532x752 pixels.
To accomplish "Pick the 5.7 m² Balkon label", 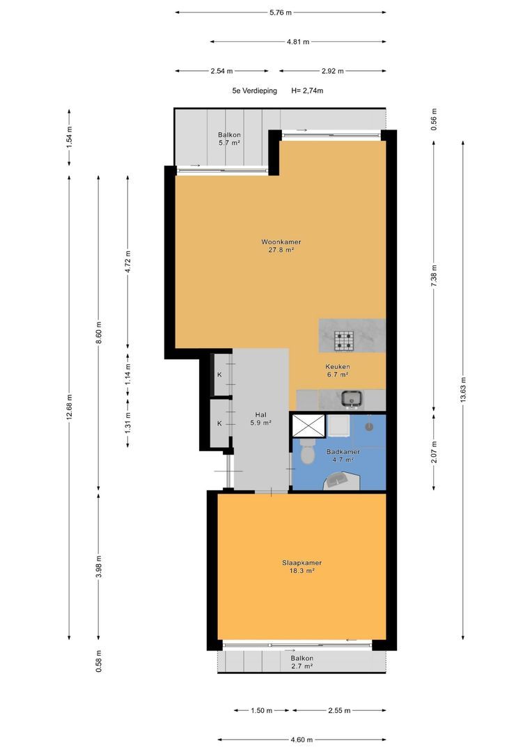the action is [229, 139].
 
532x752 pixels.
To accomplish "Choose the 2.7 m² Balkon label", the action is [302, 662].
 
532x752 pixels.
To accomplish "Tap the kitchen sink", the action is [352, 398].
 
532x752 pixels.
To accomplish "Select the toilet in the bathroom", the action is [306, 453].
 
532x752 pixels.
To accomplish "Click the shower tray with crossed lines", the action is [309, 426].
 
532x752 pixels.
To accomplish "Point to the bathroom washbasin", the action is [341, 480].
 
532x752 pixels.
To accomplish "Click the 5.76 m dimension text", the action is [281, 13].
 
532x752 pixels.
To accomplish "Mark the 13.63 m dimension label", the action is [463, 391].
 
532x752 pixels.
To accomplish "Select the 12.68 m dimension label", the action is [70, 407].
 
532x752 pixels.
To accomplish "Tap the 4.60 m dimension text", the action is [302, 739].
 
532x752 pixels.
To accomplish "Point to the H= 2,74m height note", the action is [307, 91].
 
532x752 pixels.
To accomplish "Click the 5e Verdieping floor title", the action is [254, 91].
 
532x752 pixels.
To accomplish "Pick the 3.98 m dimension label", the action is [99, 566].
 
